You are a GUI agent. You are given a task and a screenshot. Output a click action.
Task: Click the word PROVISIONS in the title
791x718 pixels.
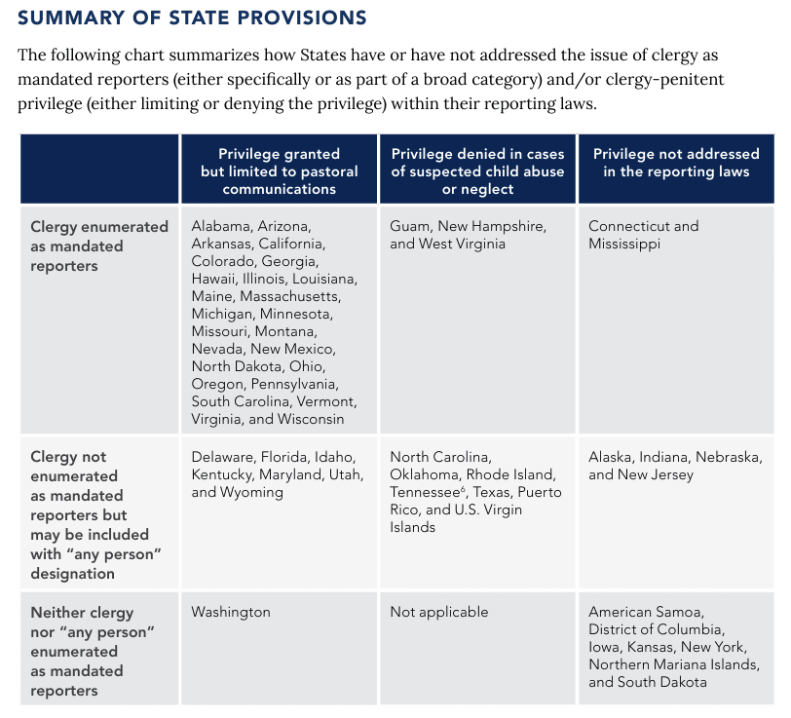[x=302, y=18]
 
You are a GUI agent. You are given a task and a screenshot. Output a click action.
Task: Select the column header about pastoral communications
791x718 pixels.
[x=279, y=171]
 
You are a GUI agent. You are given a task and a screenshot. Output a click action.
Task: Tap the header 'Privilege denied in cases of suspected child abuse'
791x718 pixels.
[x=477, y=171]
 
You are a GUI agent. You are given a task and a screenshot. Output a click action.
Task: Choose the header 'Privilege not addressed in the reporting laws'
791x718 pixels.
[x=676, y=163]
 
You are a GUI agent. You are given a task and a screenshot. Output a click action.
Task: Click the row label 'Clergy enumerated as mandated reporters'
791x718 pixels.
[x=99, y=246]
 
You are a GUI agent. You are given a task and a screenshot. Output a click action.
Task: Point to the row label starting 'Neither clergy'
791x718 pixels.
[x=93, y=651]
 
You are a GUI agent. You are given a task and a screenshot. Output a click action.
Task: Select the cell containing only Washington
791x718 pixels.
[x=231, y=612]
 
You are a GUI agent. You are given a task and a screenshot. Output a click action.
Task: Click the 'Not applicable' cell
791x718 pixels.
[x=439, y=612]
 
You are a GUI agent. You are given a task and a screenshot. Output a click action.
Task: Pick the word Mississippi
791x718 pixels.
[x=624, y=244]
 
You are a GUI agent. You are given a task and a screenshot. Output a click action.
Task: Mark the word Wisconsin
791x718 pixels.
[x=311, y=419]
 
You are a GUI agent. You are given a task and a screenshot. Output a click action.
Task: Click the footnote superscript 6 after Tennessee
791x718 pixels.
[x=463, y=488]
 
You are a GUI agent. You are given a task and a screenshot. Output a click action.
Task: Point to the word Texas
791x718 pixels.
[x=492, y=492]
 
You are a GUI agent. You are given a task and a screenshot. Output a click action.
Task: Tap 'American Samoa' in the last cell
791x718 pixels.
[x=646, y=612]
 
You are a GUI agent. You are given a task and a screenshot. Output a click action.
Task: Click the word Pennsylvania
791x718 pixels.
[x=294, y=385]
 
